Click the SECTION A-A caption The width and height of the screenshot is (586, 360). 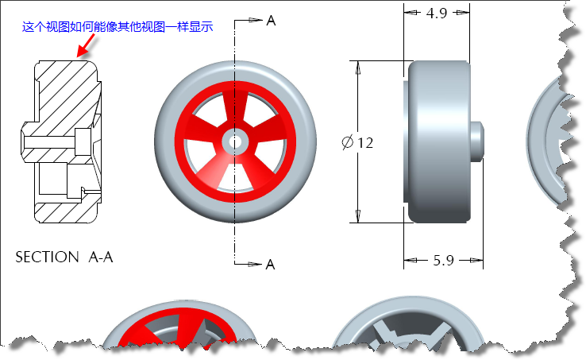pyautogui.click(x=64, y=257)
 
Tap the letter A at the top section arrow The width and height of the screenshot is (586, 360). pyautogui.click(x=271, y=21)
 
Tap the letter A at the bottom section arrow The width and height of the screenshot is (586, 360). pyautogui.click(x=271, y=264)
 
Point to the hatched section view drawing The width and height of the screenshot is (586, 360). pyautogui.click(x=64, y=139)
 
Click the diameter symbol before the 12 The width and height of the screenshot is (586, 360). pyautogui.click(x=347, y=143)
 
